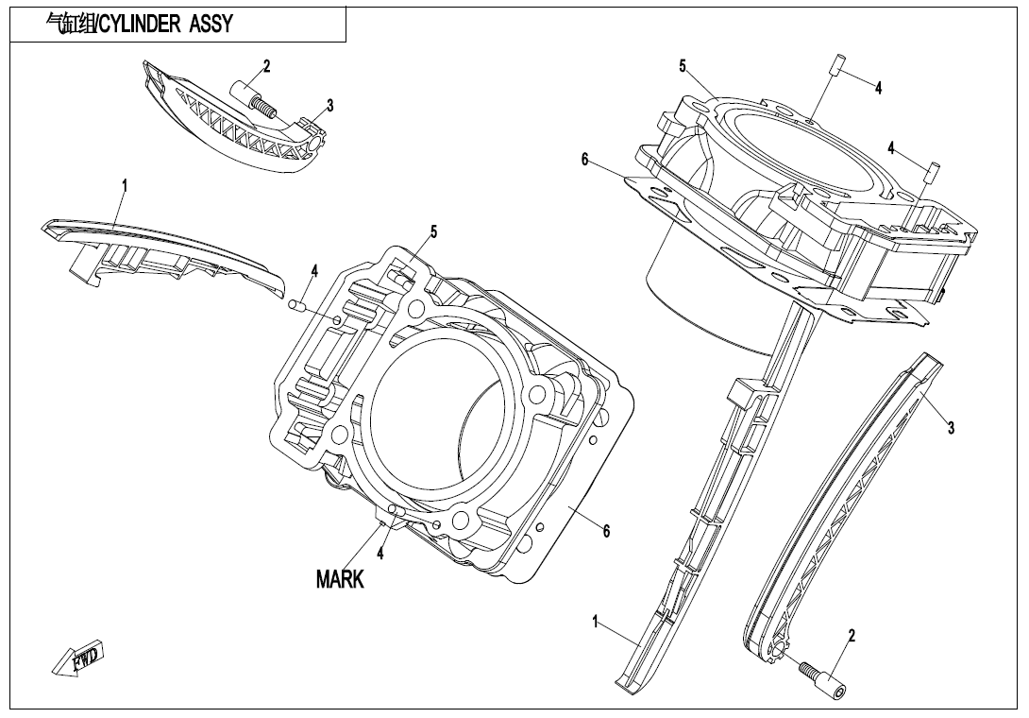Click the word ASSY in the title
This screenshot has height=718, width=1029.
(209, 25)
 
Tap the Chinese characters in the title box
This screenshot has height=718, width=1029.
(70, 25)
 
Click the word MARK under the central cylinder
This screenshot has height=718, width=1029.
(340, 579)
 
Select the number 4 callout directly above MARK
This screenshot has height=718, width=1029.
(380, 553)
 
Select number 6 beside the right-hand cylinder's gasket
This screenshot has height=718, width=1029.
(585, 161)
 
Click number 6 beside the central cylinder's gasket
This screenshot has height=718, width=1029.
(606, 532)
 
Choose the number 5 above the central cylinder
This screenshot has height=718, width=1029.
(433, 231)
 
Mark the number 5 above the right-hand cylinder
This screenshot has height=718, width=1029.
(682, 65)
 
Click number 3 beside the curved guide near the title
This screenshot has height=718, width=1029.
(329, 106)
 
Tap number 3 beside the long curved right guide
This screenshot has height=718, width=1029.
(952, 429)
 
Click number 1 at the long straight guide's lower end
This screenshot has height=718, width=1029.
(596, 622)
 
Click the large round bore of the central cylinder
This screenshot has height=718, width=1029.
(434, 411)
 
